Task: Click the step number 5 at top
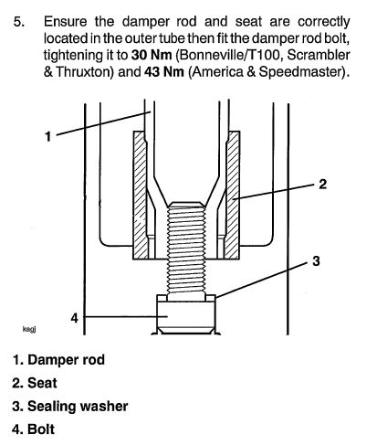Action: pos(19,22)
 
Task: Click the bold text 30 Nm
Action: pos(152,55)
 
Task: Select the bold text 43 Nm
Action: pos(164,72)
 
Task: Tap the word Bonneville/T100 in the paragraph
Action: pos(229,56)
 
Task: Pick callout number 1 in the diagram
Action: pos(48,136)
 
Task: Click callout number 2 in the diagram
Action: pos(323,184)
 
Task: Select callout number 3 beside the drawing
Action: pos(316,261)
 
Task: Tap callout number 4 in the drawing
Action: pos(75,318)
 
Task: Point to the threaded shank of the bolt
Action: pos(186,249)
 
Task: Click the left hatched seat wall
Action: pos(141,195)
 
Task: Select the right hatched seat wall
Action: pos(233,195)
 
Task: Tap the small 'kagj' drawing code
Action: pos(29,329)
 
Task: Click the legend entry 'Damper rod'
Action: pos(58,360)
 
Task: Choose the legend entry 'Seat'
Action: pos(35,383)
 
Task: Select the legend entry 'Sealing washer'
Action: pos(70,407)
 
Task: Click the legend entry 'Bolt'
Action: pos(34,429)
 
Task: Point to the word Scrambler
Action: pos(319,55)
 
